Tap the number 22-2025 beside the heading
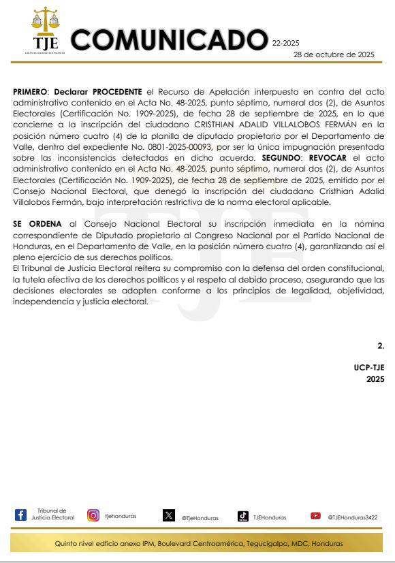(x=285, y=43)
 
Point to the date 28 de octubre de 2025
(x=334, y=54)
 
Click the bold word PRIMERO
(x=30, y=91)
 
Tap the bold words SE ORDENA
(x=37, y=223)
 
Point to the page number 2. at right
(x=381, y=346)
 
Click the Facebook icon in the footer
(x=20, y=515)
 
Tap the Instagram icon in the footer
(x=93, y=515)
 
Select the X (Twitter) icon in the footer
(x=169, y=515)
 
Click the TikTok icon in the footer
(x=242, y=516)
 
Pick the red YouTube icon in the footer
(x=315, y=515)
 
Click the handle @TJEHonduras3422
(x=352, y=517)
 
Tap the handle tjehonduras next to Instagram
(x=121, y=516)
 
